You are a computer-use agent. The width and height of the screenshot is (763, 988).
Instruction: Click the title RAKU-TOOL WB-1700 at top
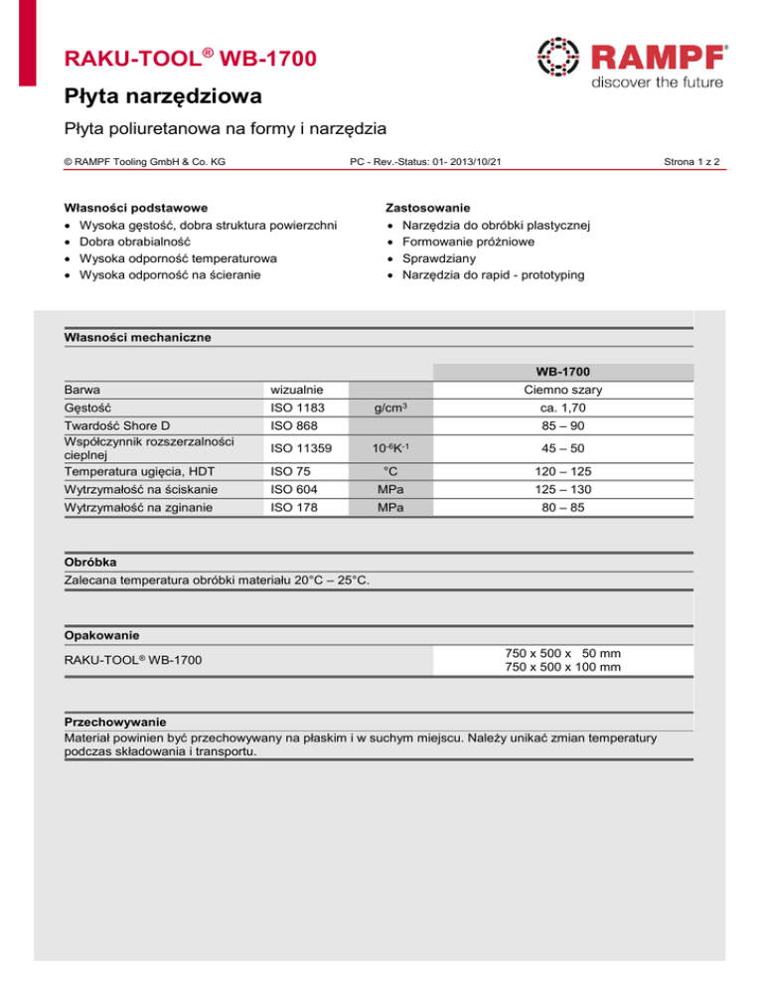192,60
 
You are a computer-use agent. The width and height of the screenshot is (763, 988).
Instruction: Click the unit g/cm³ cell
392,408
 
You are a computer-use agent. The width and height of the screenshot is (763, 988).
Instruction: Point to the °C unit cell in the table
392,471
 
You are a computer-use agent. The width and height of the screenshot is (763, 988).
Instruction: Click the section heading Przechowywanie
115,722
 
